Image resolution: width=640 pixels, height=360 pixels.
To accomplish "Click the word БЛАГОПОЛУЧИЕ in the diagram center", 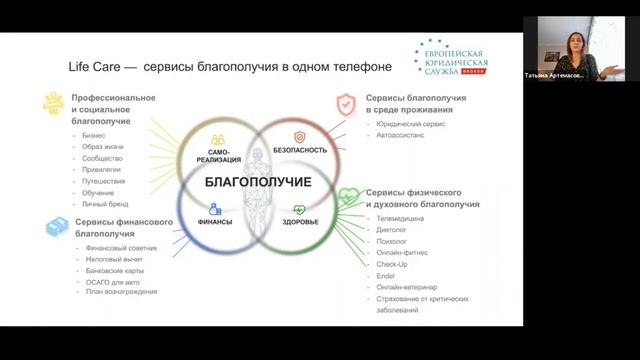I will coord(258,182).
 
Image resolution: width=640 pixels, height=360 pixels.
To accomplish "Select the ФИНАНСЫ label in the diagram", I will coord(215,222).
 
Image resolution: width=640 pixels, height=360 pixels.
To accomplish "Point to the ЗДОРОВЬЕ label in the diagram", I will coord(300,222).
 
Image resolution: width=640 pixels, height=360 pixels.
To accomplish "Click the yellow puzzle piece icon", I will coord(53,103).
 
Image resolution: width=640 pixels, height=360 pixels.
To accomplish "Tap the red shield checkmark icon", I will coord(346,103).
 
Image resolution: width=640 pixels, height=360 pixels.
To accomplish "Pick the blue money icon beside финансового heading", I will coord(57,228).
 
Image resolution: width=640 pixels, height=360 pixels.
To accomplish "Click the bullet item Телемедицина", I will coord(400,218).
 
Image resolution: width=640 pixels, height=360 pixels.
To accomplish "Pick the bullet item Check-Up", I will coord(391,264).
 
